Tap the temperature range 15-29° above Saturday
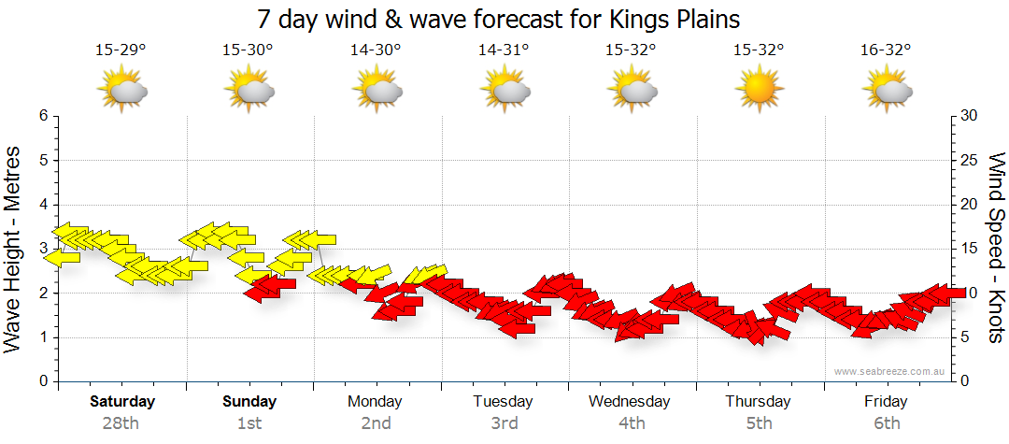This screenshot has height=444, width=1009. point(121,50)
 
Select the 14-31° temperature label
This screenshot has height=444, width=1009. point(504,50)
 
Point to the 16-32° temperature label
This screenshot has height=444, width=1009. point(886,50)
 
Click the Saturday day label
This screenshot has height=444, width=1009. point(122,402)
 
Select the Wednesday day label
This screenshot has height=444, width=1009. point(630,402)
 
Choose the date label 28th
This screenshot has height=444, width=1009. point(121,423)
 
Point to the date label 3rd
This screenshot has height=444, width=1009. point(504,423)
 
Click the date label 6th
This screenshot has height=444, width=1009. point(886,423)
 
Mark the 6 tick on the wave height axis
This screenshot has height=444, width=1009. point(42,116)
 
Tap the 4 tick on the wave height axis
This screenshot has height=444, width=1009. point(42,205)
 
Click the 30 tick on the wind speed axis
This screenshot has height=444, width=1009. point(970,116)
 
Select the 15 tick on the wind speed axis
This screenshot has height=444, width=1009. point(970,249)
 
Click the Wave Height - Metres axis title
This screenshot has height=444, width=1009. point(14,249)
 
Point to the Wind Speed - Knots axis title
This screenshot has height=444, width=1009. point(996,249)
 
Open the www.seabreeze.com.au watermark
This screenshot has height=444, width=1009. point(890,371)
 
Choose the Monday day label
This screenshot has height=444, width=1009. point(375,402)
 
